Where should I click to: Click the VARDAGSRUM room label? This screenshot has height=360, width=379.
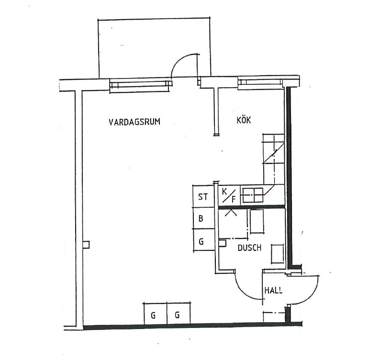click(x=134, y=122)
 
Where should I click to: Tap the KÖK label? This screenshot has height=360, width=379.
click(x=244, y=120)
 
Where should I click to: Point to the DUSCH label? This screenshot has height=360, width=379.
click(x=249, y=248)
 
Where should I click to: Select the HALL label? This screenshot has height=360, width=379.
click(x=273, y=290)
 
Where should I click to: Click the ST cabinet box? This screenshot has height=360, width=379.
click(x=203, y=196)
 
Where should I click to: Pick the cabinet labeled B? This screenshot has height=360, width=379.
click(x=203, y=218)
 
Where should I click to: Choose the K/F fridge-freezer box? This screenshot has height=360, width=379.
click(x=229, y=196)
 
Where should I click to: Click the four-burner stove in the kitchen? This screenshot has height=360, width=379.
click(x=253, y=195)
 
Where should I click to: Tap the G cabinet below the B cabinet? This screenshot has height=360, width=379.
click(x=203, y=241)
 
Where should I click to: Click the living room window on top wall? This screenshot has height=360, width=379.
click(x=141, y=86)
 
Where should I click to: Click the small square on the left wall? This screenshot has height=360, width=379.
click(x=86, y=245)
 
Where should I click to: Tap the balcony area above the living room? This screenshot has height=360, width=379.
click(x=154, y=48)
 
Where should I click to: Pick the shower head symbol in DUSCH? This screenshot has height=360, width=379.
click(x=231, y=213)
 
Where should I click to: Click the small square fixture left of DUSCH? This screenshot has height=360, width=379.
click(x=223, y=243)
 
